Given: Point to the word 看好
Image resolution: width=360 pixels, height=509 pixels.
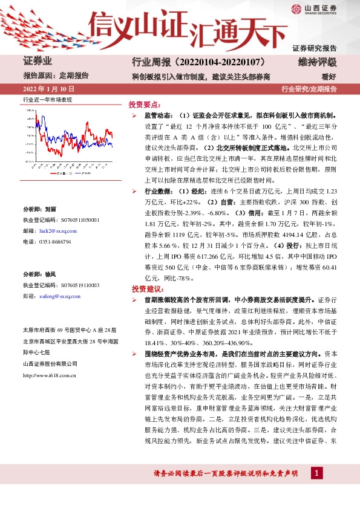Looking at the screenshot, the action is [329, 76].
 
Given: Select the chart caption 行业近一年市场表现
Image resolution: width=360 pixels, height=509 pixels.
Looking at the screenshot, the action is [47, 99].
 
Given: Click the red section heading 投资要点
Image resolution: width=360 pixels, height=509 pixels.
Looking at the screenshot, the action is [145, 103].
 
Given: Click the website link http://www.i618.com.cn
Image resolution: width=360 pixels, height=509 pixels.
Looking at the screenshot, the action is [49, 375].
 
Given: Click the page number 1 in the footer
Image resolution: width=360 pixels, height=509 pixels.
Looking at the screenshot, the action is [314, 472].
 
